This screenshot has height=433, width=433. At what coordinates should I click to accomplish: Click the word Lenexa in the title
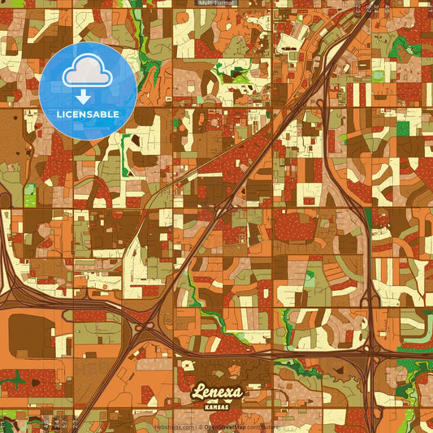pyautogui.click(x=217, y=393)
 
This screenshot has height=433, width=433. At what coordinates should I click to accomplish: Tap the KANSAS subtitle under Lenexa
pyautogui.click(x=217, y=405)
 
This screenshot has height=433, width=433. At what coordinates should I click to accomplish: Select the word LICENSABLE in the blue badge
pyautogui.click(x=88, y=114)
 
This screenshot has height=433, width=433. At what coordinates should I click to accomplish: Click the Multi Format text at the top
pyautogui.click(x=216, y=3)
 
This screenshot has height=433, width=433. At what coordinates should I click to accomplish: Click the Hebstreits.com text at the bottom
pyautogui.click(x=176, y=427)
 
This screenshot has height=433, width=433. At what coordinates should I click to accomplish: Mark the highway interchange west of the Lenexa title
pyautogui.click(x=145, y=329)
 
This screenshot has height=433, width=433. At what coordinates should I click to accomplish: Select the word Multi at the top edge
pyautogui.click(x=206, y=3)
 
